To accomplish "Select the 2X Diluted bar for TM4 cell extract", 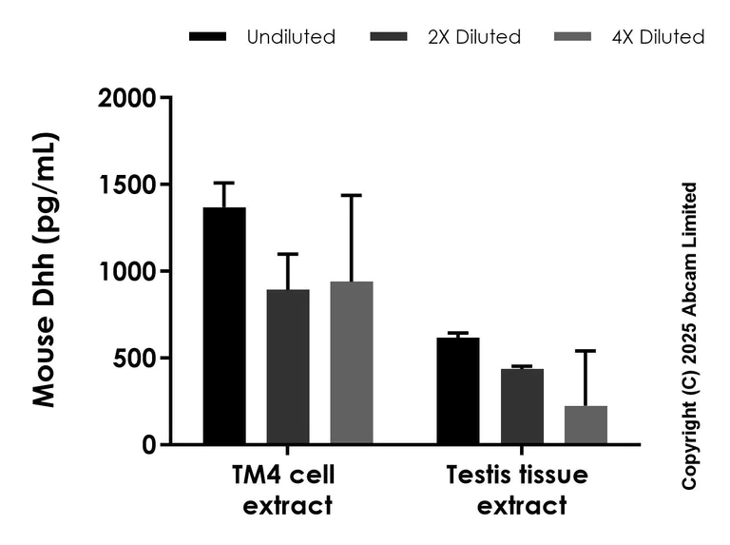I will pos(288,366).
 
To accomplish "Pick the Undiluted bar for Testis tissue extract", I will pos(458,391).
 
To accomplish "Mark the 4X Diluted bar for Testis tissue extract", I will pos(586,424).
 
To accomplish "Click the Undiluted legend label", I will pos(291,37).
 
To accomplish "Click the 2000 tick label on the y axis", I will pos(130,98).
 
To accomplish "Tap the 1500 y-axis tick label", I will pos(130,185).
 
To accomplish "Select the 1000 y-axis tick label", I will pos(130,271).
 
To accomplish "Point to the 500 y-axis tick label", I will pos(138,358).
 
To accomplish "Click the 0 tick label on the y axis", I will pos(151,444).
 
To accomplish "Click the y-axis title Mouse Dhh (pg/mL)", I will pos(44,271).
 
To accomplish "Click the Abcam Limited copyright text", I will pos(691,337).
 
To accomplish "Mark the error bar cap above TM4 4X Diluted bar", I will pos(352,195).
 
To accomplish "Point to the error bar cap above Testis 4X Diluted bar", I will pos(586,351).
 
